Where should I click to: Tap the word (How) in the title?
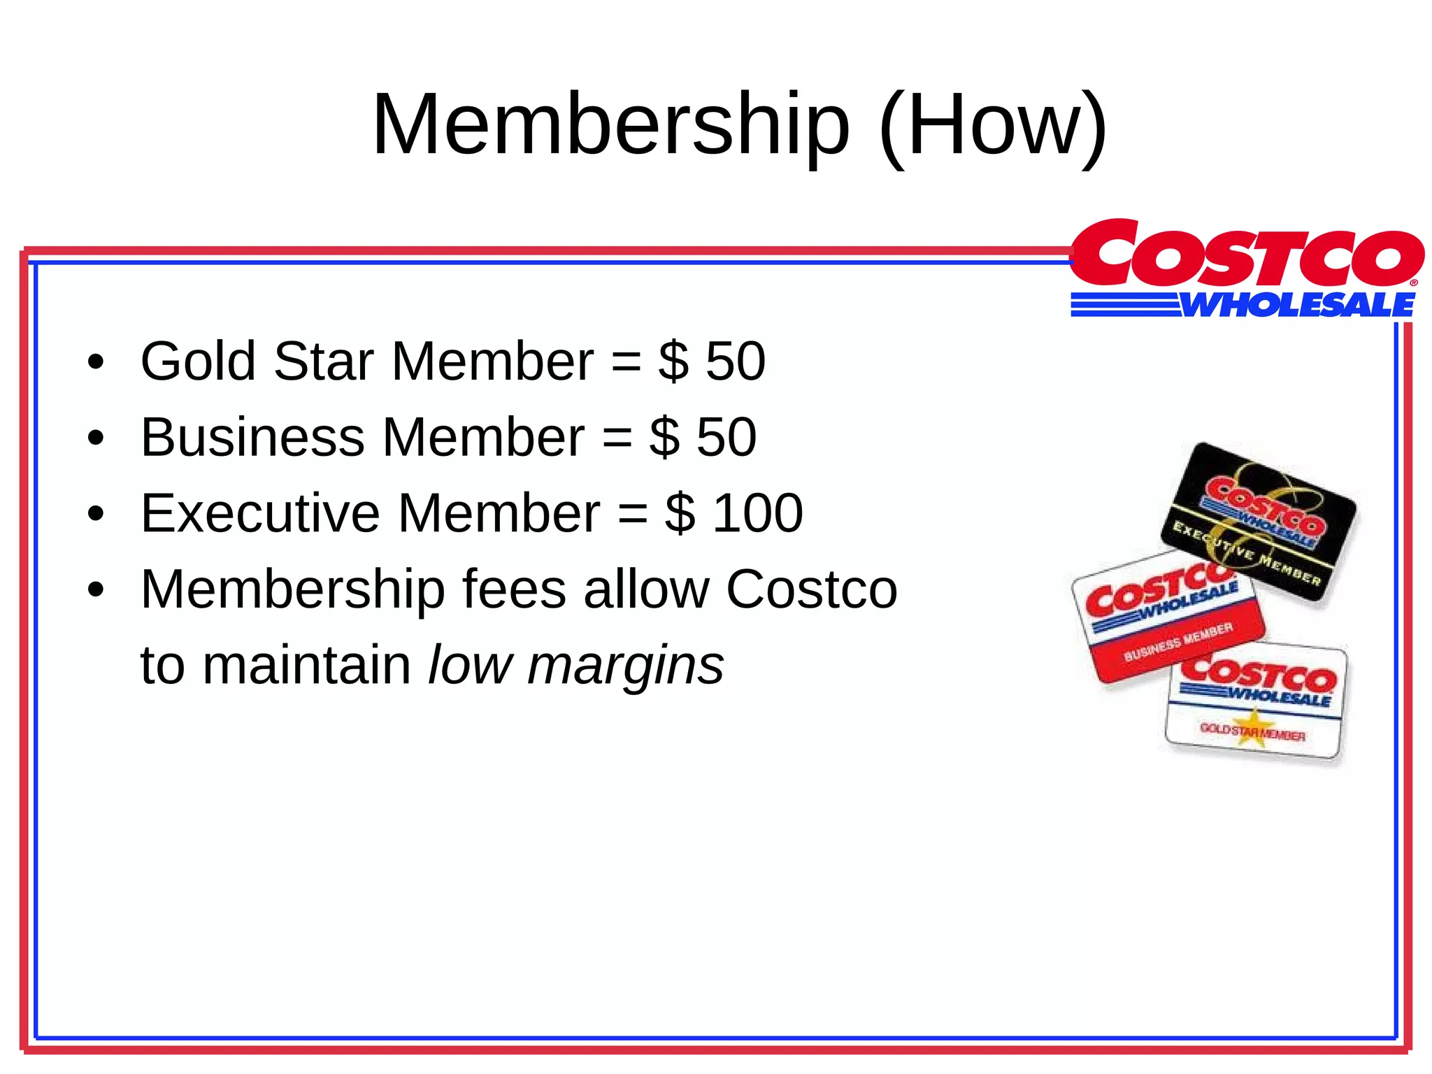coord(994,126)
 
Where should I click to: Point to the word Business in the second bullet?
coord(252,437)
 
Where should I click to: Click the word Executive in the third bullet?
coord(260,513)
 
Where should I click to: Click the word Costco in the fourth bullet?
coord(811,589)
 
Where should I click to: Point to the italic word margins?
coord(626,666)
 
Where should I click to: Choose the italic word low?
coord(470,665)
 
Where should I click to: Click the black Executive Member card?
coord(1259,521)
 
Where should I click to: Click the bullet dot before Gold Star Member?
coord(96,363)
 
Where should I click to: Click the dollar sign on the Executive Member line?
coord(680,513)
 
